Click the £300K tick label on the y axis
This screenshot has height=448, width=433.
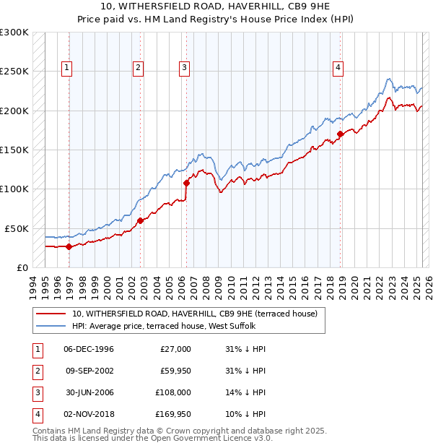(14, 33)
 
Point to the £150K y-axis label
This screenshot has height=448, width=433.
(14, 150)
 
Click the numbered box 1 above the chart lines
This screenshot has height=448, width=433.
(67, 68)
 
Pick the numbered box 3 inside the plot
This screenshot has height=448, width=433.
(184, 68)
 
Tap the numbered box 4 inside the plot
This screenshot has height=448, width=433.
(338, 68)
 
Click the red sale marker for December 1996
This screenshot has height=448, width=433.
(69, 246)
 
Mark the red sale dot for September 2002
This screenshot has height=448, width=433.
(141, 220)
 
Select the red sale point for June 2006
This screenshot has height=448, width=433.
(186, 183)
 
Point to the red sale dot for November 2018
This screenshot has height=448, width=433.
(340, 134)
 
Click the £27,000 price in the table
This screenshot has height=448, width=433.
(175, 349)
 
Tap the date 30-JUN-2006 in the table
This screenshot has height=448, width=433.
(89, 392)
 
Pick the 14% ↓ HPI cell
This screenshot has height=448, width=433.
(245, 392)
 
